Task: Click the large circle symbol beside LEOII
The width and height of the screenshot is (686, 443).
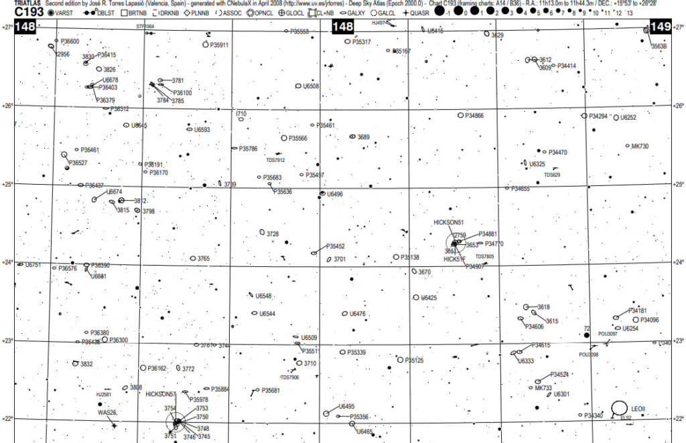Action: tap(620, 407)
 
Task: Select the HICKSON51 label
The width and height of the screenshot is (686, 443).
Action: tap(449, 221)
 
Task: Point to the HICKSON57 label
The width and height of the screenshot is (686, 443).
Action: tap(160, 394)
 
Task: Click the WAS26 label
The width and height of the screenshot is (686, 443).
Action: tap(108, 412)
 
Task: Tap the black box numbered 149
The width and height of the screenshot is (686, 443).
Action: tap(661, 27)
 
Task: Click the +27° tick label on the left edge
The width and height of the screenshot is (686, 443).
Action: tap(7, 27)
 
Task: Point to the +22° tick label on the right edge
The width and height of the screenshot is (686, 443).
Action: tap(679, 420)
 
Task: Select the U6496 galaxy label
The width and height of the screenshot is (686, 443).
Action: tap(335, 194)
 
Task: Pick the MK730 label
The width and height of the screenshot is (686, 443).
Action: tap(640, 146)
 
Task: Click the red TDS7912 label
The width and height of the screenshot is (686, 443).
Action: tap(275, 160)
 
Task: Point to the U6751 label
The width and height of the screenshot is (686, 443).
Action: tap(33, 266)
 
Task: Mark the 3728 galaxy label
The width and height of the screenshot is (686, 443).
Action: tap(273, 234)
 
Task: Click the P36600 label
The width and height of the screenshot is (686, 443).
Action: tap(70, 41)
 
